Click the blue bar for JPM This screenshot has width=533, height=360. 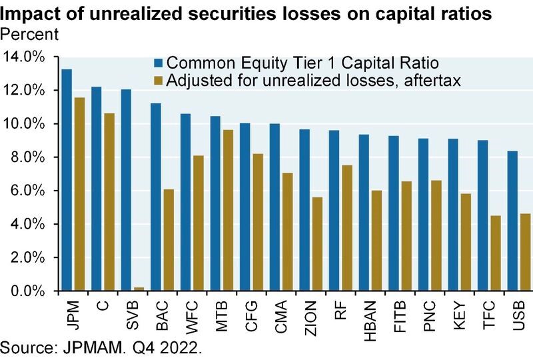67,180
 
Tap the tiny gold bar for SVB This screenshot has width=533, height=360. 139,289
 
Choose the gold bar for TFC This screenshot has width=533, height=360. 495,253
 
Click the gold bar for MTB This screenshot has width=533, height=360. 227,210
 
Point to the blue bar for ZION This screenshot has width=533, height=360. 304,210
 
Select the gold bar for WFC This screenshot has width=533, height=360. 198,223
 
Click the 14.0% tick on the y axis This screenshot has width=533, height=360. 25,57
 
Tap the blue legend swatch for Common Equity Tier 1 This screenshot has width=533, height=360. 158,64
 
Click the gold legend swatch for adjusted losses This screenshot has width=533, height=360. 158,80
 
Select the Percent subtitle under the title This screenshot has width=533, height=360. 29,32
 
